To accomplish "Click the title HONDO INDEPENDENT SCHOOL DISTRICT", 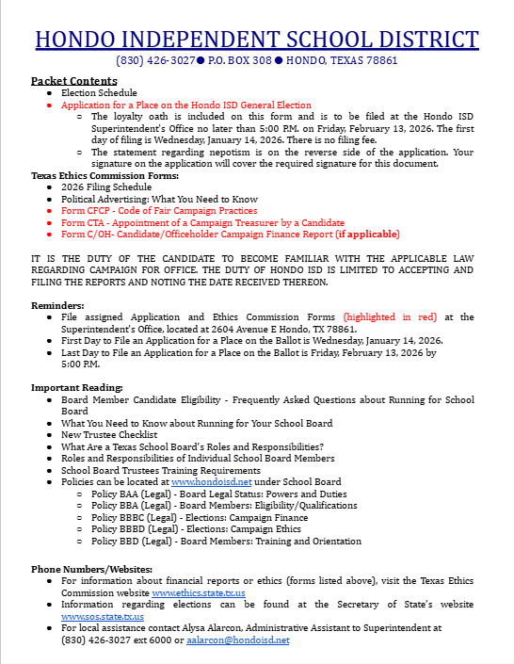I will coord(257,39).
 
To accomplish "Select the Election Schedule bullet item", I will coord(99,93).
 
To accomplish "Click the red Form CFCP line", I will coord(159,211).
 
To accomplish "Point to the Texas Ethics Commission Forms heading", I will coord(104,176).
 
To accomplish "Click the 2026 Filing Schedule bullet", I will coord(106,187).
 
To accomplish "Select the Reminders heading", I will coord(58,305).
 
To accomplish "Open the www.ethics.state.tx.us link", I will coord(199,593).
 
